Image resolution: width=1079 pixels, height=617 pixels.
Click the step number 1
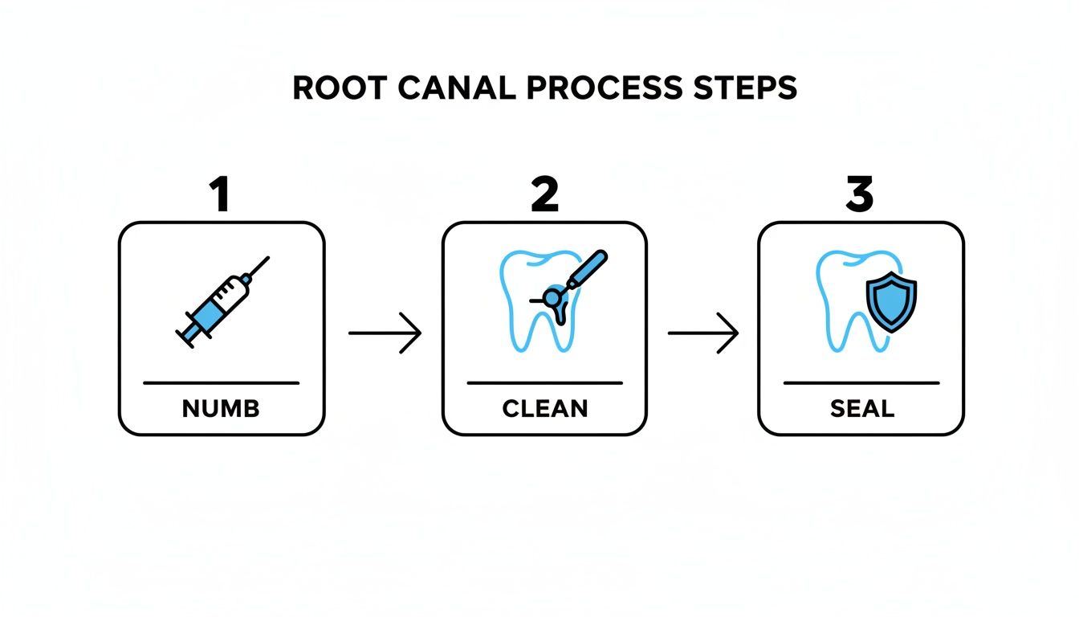point(219,196)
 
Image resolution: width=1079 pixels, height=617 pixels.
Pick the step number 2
point(544,196)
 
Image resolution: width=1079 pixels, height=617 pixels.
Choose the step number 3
point(859,196)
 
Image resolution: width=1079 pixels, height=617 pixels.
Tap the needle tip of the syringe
point(267,259)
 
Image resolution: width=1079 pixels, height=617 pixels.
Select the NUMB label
point(221,409)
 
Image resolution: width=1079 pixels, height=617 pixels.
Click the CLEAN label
point(544,409)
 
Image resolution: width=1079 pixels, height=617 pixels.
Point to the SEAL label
point(861,409)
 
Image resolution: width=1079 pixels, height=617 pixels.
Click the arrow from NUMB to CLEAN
point(385,332)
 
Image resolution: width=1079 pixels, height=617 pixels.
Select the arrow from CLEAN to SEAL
point(702,332)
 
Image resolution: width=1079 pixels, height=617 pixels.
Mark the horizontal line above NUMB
point(221,383)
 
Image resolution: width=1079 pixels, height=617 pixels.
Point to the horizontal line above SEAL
point(861,383)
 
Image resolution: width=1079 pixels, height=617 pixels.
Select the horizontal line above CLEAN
point(544,383)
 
